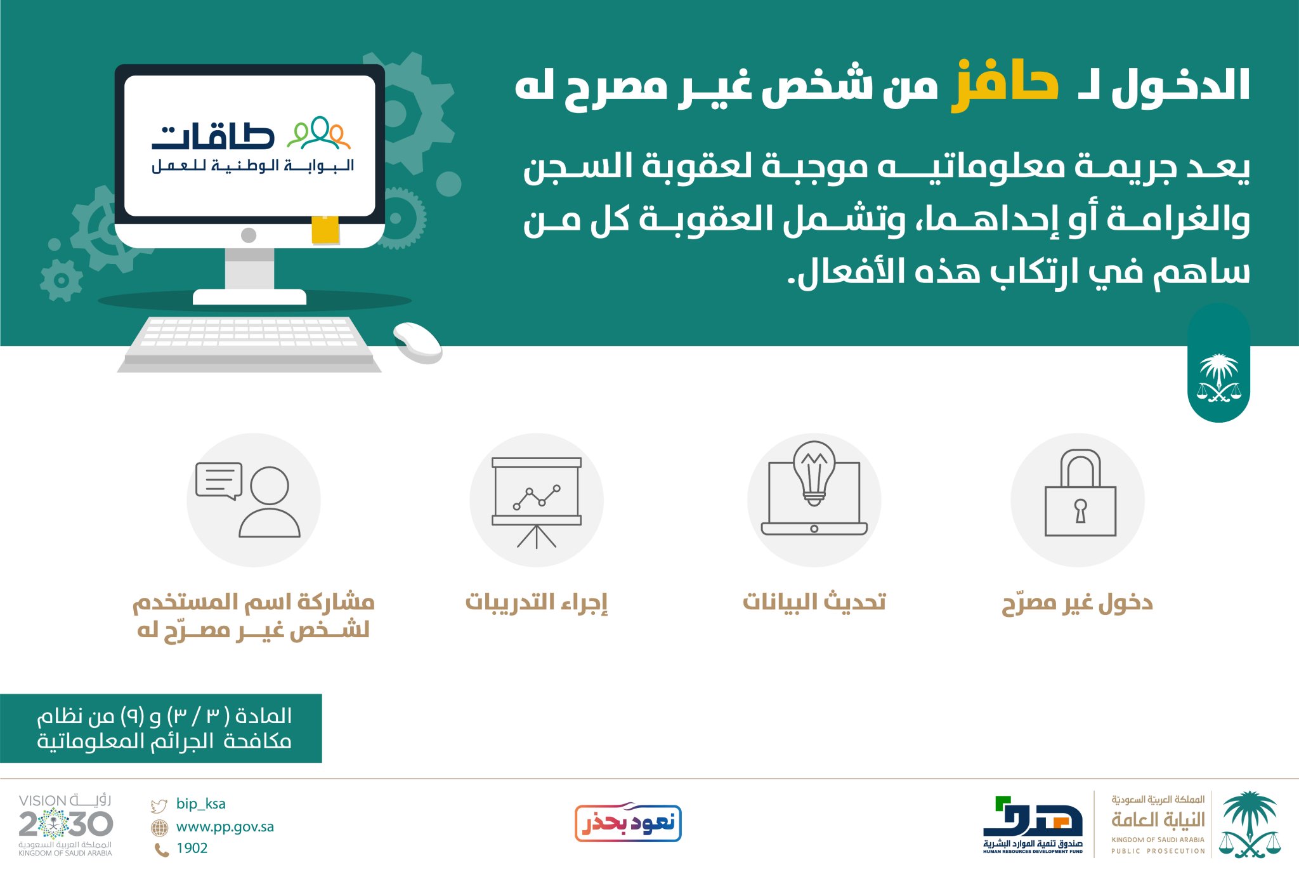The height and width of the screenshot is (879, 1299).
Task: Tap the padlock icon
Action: pyautogui.click(x=1080, y=493)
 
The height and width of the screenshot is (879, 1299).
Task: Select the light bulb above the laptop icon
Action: pyautogui.click(x=814, y=473)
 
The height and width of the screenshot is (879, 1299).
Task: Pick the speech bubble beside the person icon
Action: pyautogui.click(x=219, y=480)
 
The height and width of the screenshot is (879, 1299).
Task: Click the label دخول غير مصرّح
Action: pyautogui.click(x=1077, y=602)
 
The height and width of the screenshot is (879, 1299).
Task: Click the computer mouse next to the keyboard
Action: pyautogui.click(x=417, y=343)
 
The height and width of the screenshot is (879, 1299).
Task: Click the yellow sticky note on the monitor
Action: pyautogui.click(x=325, y=229)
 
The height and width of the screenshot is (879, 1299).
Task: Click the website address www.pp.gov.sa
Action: pyautogui.click(x=225, y=827)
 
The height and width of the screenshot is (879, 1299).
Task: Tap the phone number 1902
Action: pyautogui.click(x=192, y=848)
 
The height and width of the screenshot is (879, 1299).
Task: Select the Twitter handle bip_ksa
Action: pyautogui.click(x=200, y=803)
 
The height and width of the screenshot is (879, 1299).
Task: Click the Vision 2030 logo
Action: pyautogui.click(x=65, y=825)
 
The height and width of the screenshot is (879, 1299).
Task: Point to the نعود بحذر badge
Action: pyautogui.click(x=628, y=823)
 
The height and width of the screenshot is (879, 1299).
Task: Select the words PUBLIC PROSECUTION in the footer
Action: pyautogui.click(x=1158, y=851)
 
